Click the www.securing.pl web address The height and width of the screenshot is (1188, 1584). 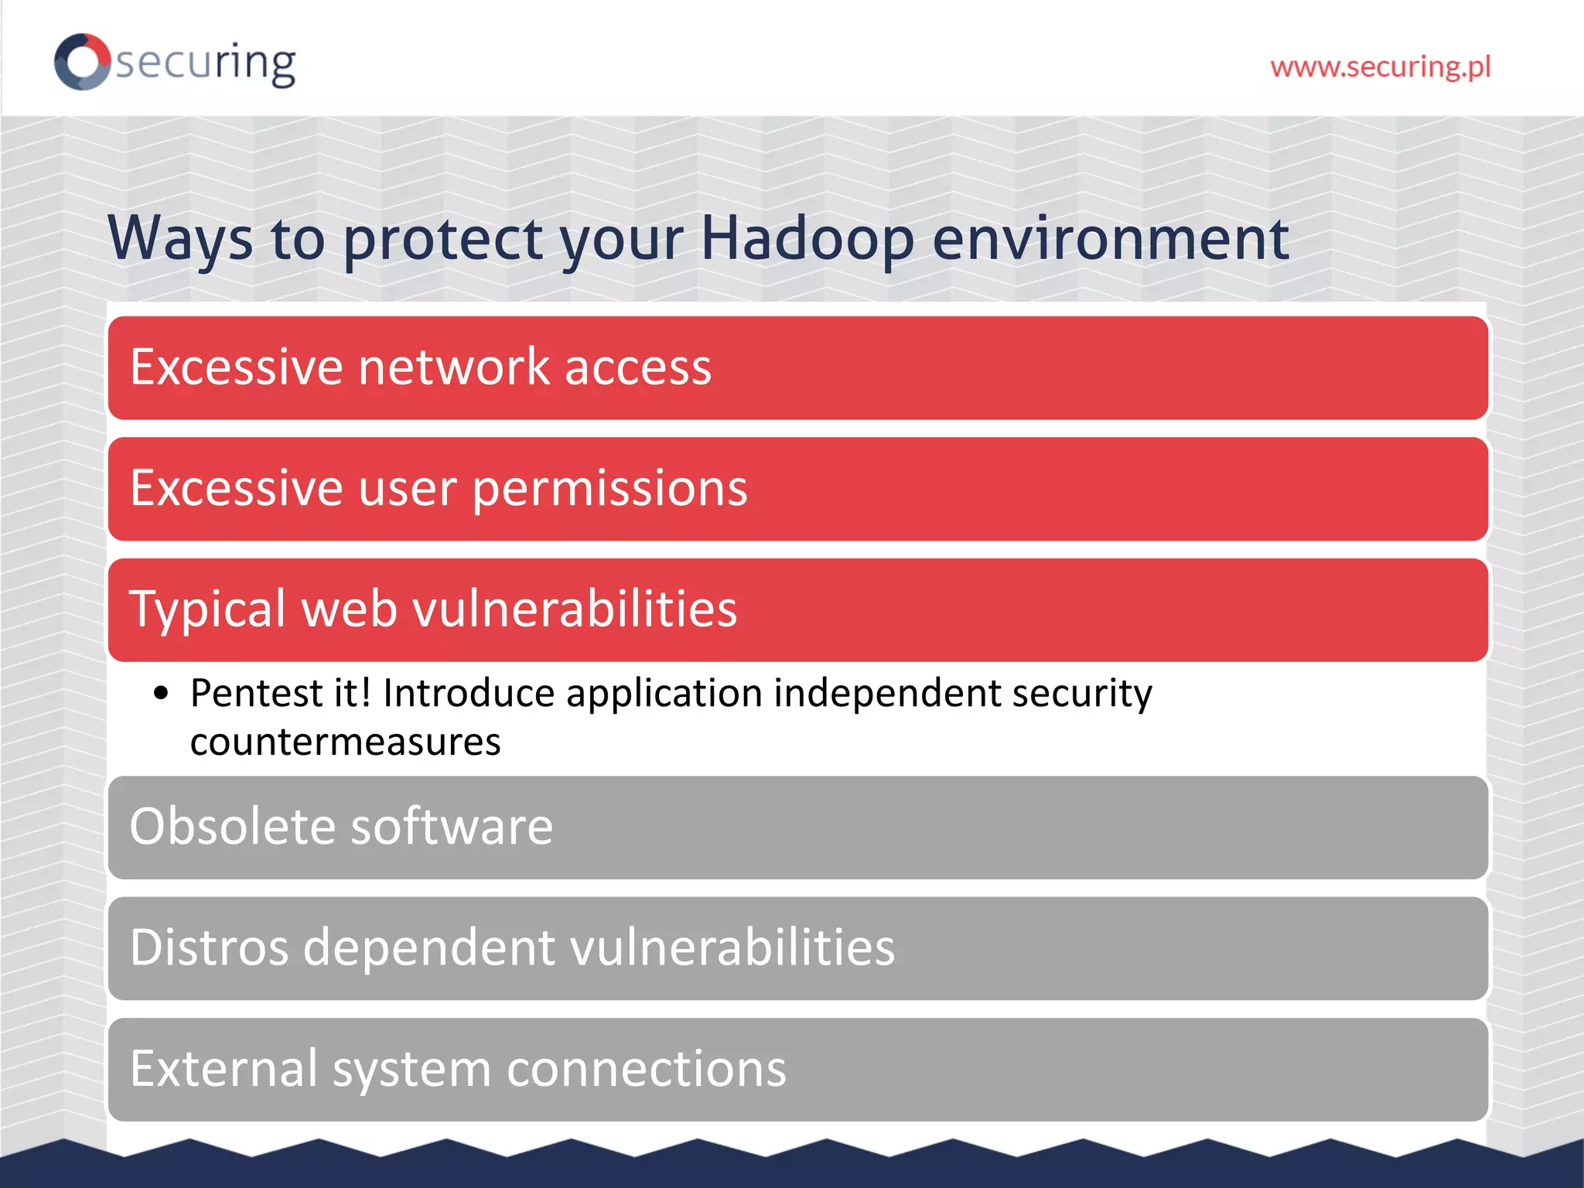click(1380, 67)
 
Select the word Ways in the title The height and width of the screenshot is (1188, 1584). click(179, 238)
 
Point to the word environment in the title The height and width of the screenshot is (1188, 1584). click(1111, 238)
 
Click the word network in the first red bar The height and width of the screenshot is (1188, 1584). click(454, 367)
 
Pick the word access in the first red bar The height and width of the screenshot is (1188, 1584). click(637, 368)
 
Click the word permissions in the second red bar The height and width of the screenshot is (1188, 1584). click(609, 490)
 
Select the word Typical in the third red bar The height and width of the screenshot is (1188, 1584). click(207, 609)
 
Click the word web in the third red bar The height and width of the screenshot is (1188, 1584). click(349, 609)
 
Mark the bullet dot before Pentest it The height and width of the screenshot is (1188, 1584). click(161, 693)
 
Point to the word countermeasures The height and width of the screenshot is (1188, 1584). click(345, 742)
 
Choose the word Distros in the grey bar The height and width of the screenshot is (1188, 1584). click(209, 947)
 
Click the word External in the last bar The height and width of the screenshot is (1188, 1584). click(224, 1069)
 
